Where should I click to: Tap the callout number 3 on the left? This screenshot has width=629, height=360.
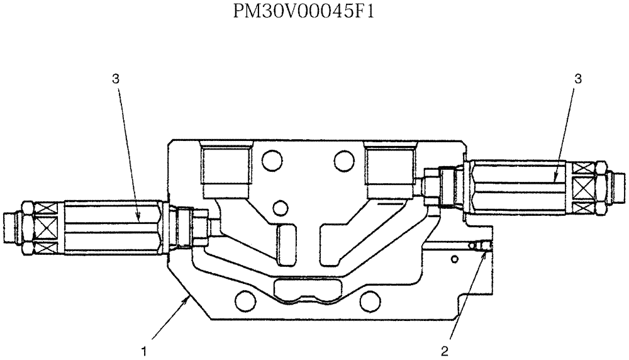[x=115, y=78]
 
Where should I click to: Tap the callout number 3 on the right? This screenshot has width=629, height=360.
[x=578, y=78]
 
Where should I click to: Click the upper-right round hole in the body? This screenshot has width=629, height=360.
[x=344, y=159]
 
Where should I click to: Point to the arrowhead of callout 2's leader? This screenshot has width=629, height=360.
[x=484, y=252]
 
